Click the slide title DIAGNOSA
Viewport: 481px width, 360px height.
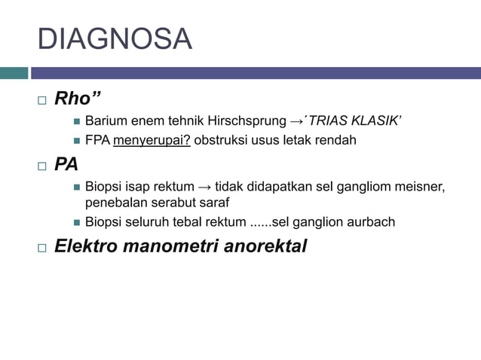[115, 39]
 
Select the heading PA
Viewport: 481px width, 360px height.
[66, 164]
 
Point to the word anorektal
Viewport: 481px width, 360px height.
[264, 246]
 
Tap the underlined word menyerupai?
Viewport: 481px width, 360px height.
[152, 141]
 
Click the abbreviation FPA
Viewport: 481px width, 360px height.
[97, 141]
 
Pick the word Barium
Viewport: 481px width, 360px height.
[105, 121]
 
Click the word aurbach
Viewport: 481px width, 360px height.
[370, 222]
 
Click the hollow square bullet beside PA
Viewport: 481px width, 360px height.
[41, 165]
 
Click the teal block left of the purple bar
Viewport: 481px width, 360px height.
[14, 73]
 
